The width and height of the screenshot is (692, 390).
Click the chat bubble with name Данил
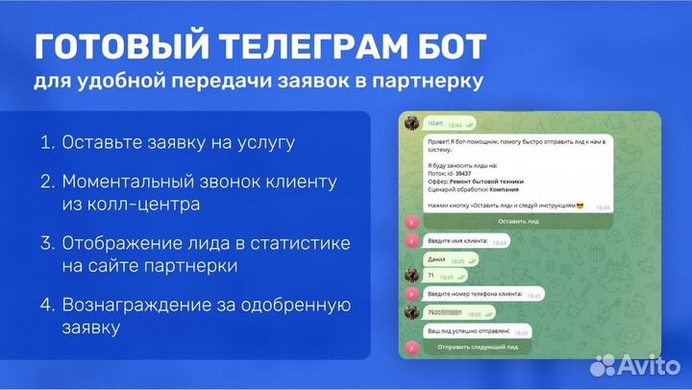pyautogui.click(x=446, y=260)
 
